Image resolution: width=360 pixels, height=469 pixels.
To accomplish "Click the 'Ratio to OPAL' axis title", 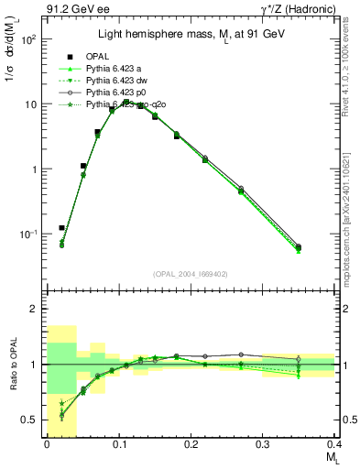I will pyautogui.click(x=11, y=367).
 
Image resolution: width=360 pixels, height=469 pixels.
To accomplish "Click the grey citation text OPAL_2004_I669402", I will pyautogui.click(x=191, y=272).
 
